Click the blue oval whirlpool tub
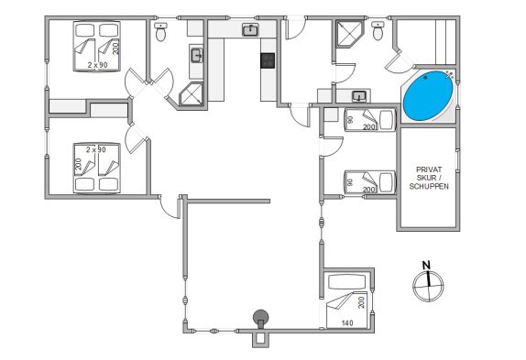click(428, 95)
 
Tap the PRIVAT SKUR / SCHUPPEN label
click(429, 178)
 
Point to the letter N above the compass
click(426, 266)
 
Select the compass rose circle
click(428, 287)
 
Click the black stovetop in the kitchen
click(268, 60)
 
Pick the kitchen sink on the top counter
click(250, 30)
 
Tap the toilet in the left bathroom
click(161, 31)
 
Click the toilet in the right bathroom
click(378, 31)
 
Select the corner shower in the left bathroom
click(192, 94)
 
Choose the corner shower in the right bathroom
click(349, 34)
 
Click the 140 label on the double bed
click(347, 323)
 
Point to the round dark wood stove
click(260, 317)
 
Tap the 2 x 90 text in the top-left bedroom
click(98, 65)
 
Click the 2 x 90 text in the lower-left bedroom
click(96, 149)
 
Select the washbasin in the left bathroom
click(197, 56)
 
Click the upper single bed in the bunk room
click(370, 120)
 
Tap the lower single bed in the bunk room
click(370, 182)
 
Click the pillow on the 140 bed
click(347, 281)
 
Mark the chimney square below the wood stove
click(260, 338)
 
